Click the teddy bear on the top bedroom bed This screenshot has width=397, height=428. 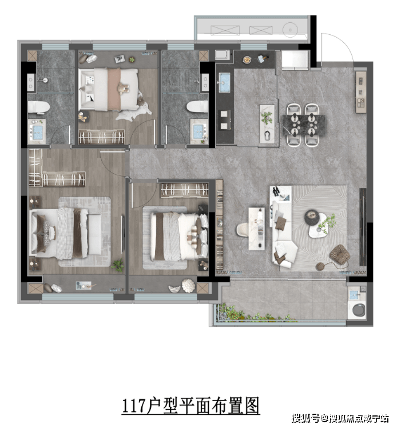click(x=123, y=89)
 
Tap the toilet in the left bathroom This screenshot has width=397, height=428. click(x=38, y=107)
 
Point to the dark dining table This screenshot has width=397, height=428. click(x=304, y=125)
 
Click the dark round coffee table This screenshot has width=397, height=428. click(x=312, y=218)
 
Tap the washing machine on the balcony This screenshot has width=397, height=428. click(x=358, y=310)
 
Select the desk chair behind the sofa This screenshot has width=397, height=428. click(x=243, y=230)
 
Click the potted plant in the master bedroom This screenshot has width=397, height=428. click(x=117, y=265)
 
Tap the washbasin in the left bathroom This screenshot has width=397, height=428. click(x=37, y=131)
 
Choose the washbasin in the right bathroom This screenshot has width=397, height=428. click(x=199, y=131)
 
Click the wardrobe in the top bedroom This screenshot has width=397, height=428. click(x=102, y=137)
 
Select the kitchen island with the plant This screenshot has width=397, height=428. click(x=267, y=123)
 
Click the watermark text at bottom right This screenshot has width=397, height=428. click(x=340, y=418)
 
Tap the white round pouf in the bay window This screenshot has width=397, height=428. click(x=189, y=285)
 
